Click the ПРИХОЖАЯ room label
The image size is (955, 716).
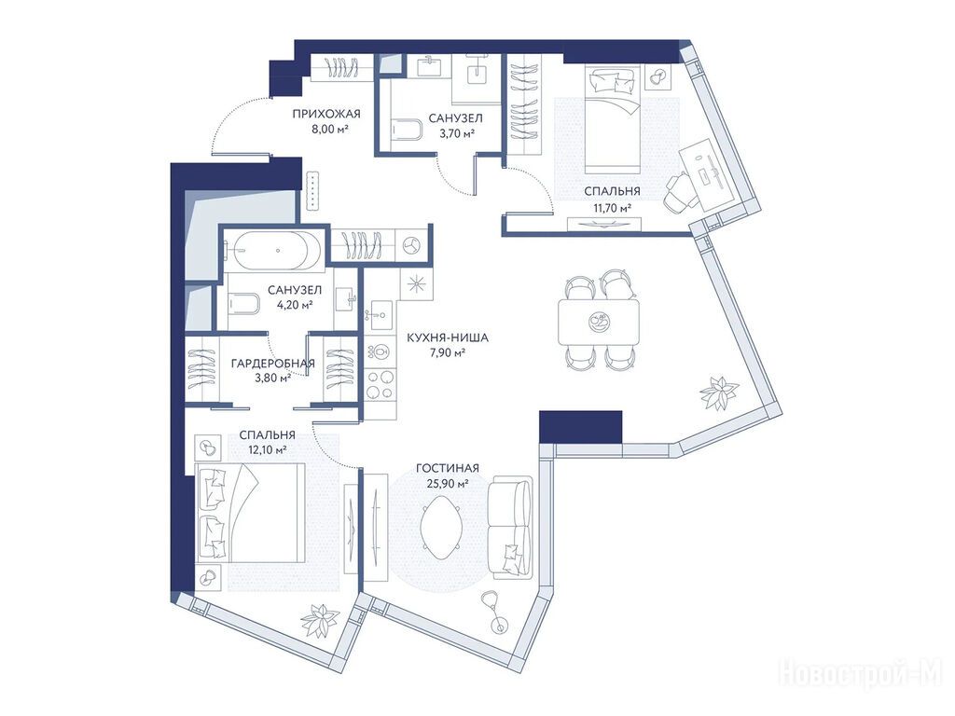pyautogui.click(x=325, y=114)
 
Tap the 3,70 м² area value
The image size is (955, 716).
pyautogui.click(x=457, y=132)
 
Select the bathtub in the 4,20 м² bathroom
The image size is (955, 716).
pyautogui.click(x=278, y=250)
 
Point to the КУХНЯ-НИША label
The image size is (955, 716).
pyautogui.click(x=447, y=337)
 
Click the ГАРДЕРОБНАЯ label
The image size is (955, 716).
pyautogui.click(x=273, y=364)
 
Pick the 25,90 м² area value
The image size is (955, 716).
pyautogui.click(x=447, y=484)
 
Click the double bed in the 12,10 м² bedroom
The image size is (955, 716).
pyautogui.click(x=250, y=512)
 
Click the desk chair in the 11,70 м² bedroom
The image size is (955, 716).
pyautogui.click(x=680, y=192)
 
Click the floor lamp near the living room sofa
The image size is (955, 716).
pyautogui.click(x=493, y=611)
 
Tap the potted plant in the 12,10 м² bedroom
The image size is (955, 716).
pyautogui.click(x=321, y=620)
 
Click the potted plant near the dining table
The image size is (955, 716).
pyautogui.click(x=720, y=393)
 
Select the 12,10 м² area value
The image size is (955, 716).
pyautogui.click(x=268, y=450)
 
